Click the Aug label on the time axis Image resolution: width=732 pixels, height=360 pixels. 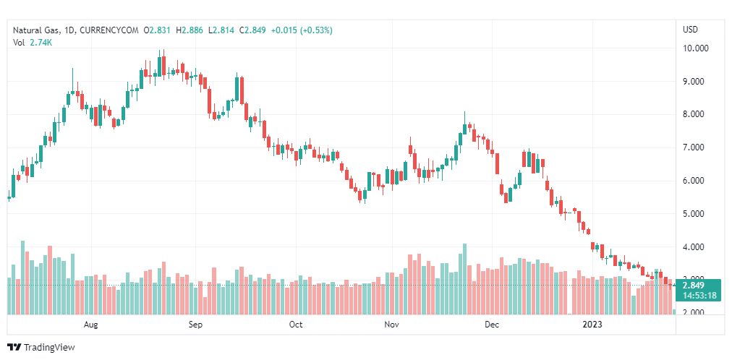pos(90,325)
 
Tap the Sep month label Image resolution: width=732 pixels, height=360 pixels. pos(196,325)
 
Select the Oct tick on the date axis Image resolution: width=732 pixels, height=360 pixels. pos(296,325)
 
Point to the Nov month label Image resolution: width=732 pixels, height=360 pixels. pos(391,325)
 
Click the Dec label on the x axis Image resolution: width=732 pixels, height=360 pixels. pos(492,325)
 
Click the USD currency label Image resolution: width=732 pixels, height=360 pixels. pos(690,30)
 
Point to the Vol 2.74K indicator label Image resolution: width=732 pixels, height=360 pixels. pos(33,43)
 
